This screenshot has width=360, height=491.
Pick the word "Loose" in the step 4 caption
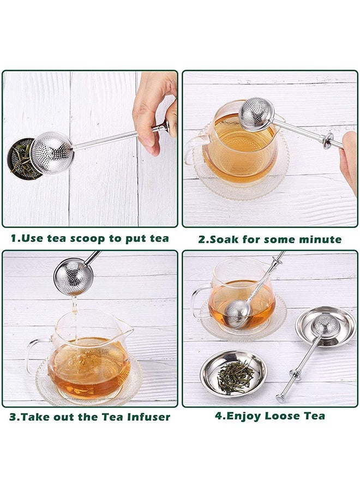click(x=280, y=416)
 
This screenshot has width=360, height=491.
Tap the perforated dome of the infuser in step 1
click(x=52, y=153)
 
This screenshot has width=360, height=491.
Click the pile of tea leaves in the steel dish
click(x=236, y=376)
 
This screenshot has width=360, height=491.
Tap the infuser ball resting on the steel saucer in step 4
click(x=326, y=325)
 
